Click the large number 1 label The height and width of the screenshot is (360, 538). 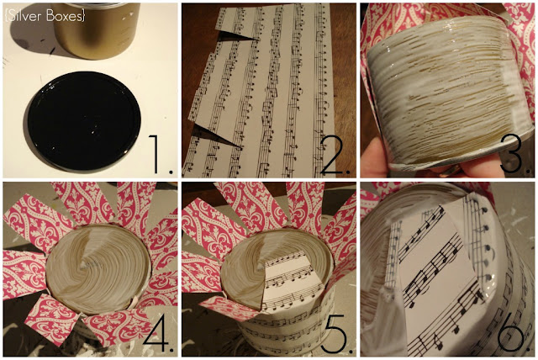[x=160, y=154]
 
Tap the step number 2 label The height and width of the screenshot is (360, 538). [x=335, y=155]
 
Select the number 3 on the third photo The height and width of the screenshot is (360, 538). [x=512, y=154]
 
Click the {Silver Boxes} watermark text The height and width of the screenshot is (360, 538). [x=45, y=16]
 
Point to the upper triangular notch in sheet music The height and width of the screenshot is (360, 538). [x=237, y=36]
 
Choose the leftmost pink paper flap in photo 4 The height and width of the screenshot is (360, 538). [x=24, y=273]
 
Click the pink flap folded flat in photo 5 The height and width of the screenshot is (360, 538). [x=229, y=307]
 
